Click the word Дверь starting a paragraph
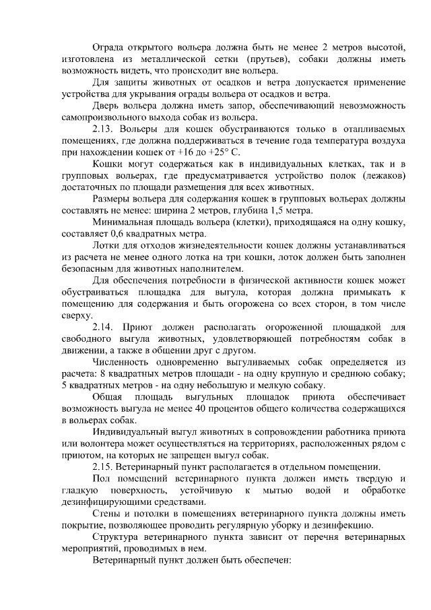point(108,106)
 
